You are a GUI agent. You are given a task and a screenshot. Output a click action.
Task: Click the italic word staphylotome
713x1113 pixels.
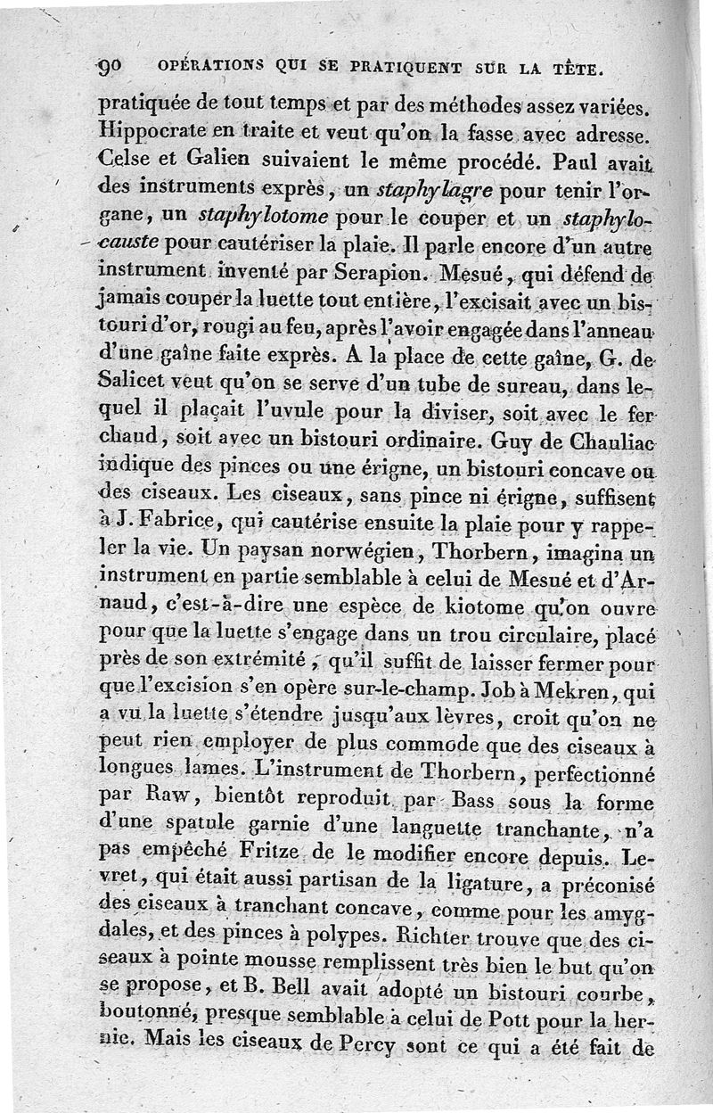(x=253, y=215)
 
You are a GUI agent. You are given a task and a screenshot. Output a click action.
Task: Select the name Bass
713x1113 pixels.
(x=479, y=800)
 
